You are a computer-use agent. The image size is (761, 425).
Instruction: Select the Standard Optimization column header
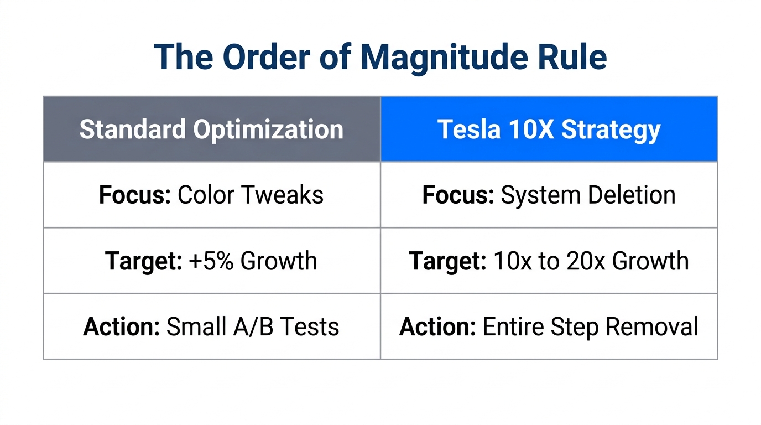[x=211, y=129]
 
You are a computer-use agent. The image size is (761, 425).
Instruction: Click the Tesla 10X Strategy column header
[x=549, y=129]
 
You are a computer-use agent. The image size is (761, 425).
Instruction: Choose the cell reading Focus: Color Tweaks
[x=211, y=195]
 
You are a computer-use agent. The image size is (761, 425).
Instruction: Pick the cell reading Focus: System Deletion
[x=549, y=195]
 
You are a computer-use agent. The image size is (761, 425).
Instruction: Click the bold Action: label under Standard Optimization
[x=121, y=326]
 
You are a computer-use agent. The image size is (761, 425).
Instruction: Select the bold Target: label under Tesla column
[x=447, y=261]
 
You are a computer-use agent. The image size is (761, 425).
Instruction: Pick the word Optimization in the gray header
[x=268, y=129]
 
